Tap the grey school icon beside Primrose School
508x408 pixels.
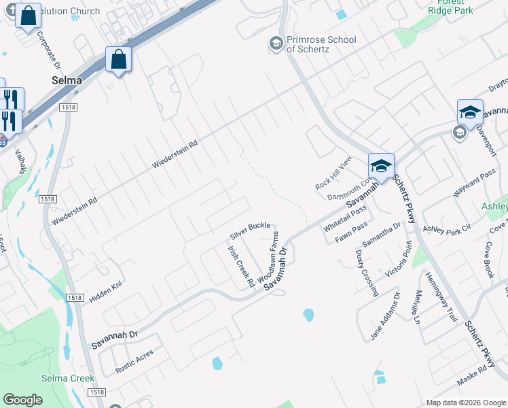[276, 44]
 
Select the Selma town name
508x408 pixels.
[67, 80]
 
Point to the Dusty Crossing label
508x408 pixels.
[367, 273]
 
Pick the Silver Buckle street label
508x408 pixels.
[251, 230]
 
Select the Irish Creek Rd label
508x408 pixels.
[240, 266]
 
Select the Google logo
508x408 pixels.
[22, 400]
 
